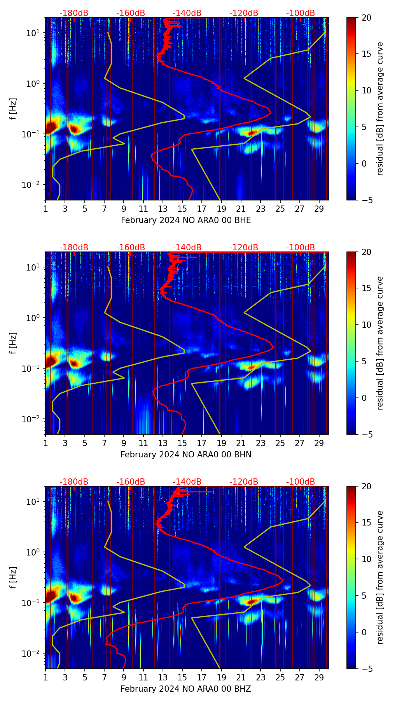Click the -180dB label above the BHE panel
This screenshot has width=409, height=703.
[74, 13]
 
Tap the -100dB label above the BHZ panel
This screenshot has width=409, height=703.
[301, 482]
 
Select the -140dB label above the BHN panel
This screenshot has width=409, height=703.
[187, 248]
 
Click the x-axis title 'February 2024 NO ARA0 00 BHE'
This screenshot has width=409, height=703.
[186, 220]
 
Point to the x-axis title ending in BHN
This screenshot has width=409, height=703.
[186, 455]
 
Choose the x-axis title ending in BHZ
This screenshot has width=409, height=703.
[186, 689]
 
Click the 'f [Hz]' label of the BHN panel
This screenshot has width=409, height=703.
[13, 343]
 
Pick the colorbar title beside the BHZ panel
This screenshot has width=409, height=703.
[380, 577]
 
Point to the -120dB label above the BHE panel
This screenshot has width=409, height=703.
[244, 13]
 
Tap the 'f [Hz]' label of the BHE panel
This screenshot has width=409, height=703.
[13, 109]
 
